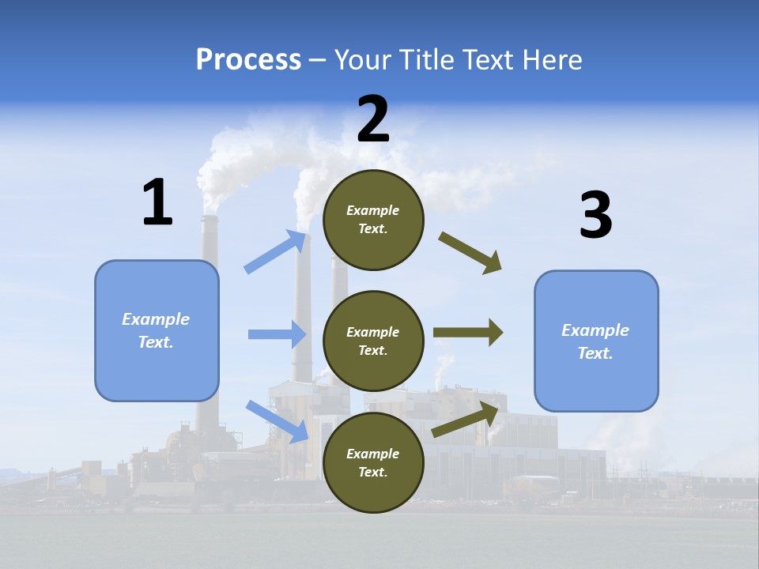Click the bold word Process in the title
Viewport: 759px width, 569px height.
pos(248,59)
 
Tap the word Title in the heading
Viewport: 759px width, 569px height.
pos(425,59)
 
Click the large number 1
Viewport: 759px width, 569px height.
pos(157,203)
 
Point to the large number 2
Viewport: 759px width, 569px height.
pos(373,119)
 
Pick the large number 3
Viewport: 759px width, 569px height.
pos(595,215)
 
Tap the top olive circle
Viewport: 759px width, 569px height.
pos(373,220)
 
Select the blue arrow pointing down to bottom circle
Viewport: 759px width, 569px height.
pos(277,420)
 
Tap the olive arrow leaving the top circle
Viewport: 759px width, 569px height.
pos(470,252)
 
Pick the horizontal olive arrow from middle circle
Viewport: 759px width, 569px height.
pos(467,333)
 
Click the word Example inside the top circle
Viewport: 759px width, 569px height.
pos(373,210)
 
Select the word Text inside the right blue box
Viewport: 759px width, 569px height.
pos(595,353)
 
